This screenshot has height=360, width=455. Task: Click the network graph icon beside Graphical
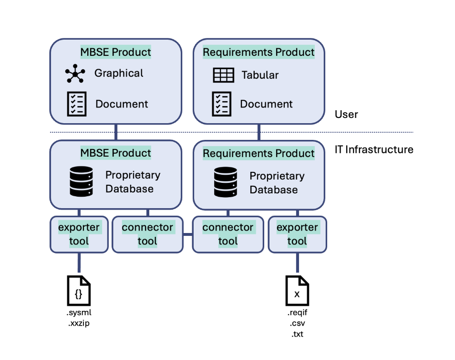(75, 74)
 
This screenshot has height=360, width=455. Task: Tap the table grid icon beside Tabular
(223, 75)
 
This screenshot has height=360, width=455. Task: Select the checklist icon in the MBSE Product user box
(76, 104)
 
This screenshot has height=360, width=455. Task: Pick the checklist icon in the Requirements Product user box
(221, 104)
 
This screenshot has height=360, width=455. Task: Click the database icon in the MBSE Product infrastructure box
(81, 181)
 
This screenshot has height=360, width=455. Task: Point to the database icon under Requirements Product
(225, 182)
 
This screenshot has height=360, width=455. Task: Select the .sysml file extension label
(79, 313)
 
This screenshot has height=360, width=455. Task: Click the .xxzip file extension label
(79, 323)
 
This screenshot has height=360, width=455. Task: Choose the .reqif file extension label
(297, 313)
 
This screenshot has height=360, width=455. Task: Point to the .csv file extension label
(297, 324)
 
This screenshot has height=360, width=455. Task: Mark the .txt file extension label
(297, 334)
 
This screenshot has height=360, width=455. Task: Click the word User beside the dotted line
(346, 115)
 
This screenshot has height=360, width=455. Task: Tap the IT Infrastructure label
(374, 149)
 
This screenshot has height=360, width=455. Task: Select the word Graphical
(119, 73)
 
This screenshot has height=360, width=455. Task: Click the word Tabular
(260, 75)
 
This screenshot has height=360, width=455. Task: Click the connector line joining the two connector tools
(188, 234)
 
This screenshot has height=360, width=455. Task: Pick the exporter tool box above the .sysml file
(79, 234)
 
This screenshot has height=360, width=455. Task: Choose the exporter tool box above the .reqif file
(297, 234)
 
